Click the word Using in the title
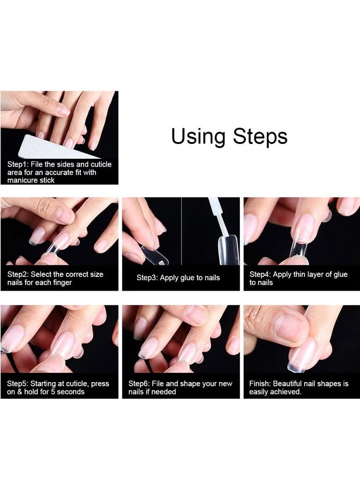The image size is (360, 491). [x=198, y=137]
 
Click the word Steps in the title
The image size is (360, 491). [x=260, y=136]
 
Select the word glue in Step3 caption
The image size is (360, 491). [x=187, y=278]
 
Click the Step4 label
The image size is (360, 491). [x=260, y=275]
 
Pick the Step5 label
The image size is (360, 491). [x=18, y=384]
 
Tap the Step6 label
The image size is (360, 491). [x=139, y=384]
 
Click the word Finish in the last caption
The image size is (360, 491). [x=260, y=383]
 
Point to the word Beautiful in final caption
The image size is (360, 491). [x=288, y=383]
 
